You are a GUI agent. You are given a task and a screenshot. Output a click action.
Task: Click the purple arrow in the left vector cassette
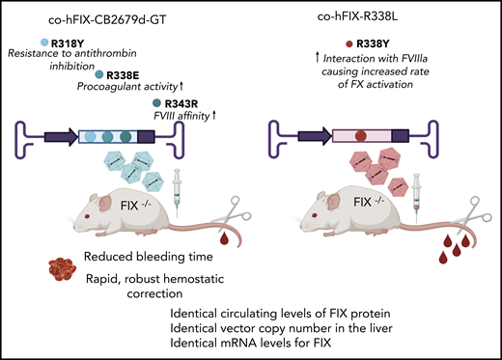[x=55, y=136]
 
